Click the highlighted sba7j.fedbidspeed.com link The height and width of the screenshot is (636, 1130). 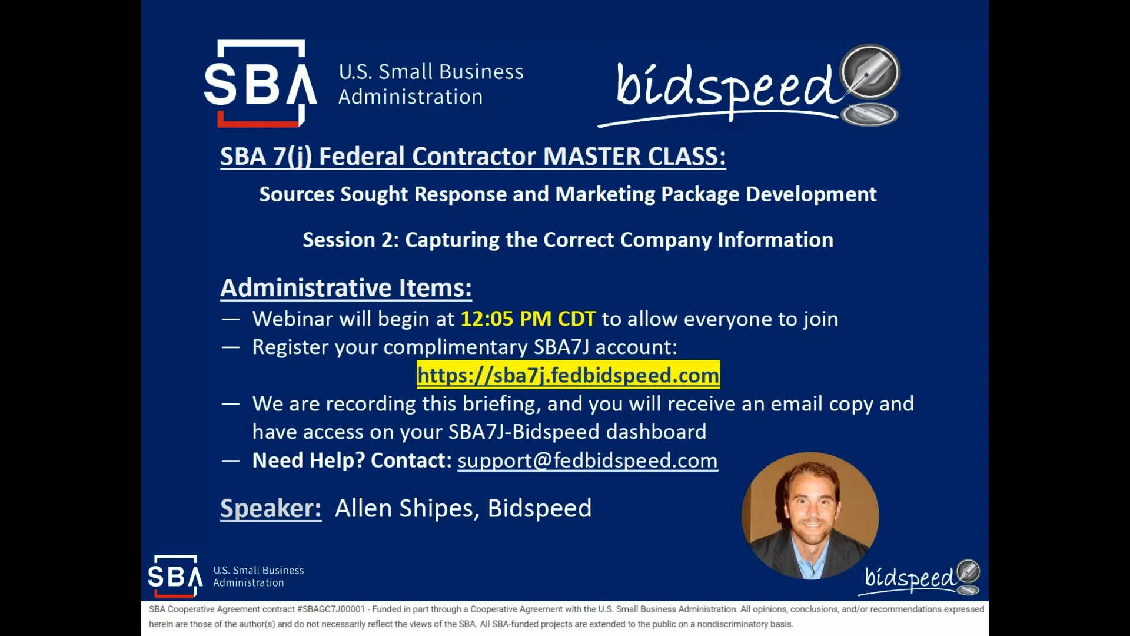(568, 375)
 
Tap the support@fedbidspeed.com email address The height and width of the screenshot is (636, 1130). (587, 460)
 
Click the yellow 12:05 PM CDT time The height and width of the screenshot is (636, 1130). (527, 319)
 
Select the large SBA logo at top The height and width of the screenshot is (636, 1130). (260, 84)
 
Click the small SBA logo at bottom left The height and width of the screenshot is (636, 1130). (175, 576)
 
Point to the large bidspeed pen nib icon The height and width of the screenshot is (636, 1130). (870, 73)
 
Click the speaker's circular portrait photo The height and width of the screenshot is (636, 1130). (810, 515)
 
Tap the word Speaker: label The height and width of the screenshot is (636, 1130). (271, 508)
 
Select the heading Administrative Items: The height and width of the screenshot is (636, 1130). (346, 288)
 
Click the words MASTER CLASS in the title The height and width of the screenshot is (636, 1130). (634, 157)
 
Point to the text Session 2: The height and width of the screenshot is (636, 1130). (351, 240)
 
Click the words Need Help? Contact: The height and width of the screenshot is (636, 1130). (352, 460)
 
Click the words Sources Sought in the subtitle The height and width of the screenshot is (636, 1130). (333, 194)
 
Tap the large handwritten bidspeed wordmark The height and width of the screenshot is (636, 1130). (724, 88)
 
